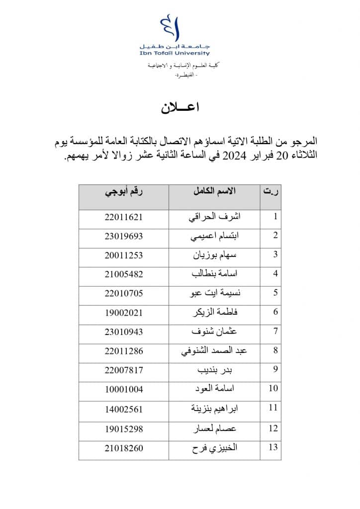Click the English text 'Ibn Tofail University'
point(181,53)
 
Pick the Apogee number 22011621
point(124,217)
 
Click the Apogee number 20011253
point(124,255)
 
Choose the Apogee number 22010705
point(124,293)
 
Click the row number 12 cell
point(272,428)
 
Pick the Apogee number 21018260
point(124,448)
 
